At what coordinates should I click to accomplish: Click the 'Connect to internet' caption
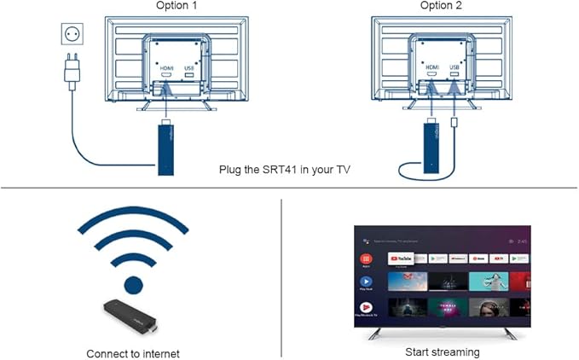coord(133,352)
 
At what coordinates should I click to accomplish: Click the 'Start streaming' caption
coord(442,351)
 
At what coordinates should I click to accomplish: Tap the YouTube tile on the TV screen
coord(401,258)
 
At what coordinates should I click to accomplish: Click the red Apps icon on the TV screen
coord(367,258)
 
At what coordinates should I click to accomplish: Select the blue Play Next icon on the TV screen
coord(367,282)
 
